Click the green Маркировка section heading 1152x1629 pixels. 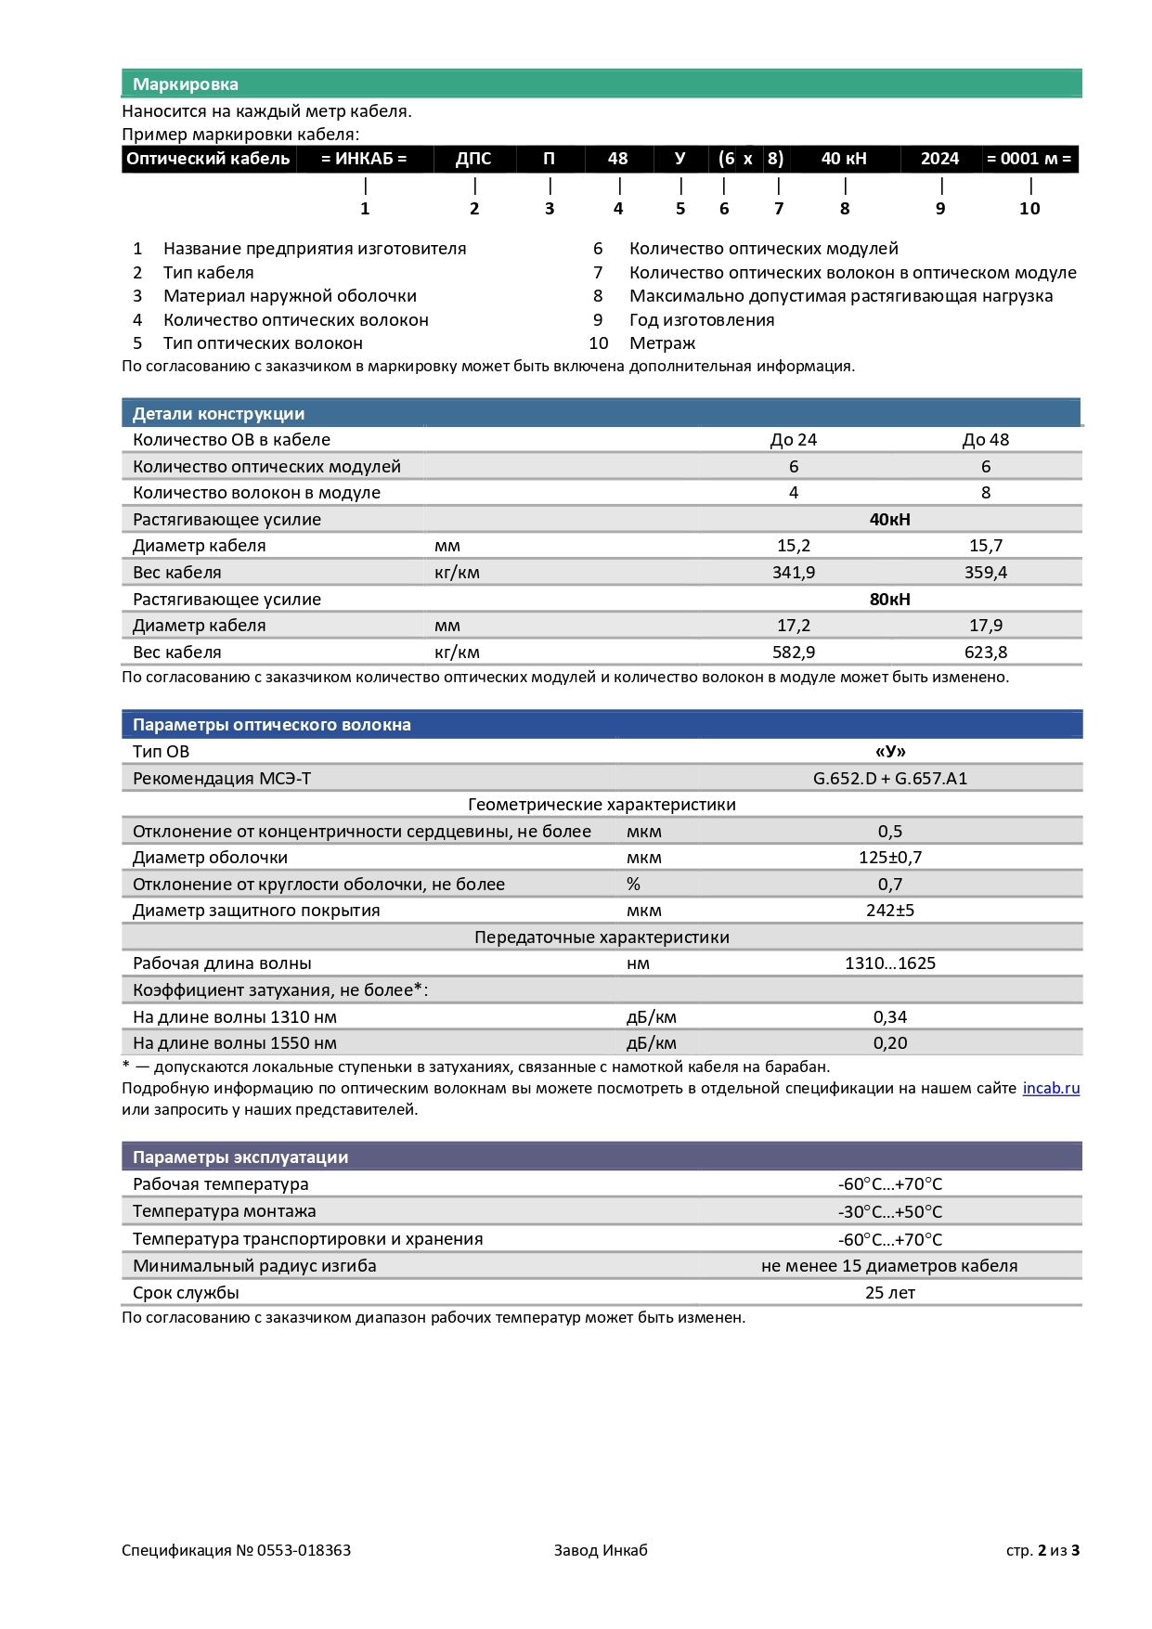186,84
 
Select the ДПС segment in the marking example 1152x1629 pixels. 473,159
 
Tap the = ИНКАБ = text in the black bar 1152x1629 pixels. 364,159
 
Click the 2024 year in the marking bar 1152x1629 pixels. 939,159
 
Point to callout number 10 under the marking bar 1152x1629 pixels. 1029,209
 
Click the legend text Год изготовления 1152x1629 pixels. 702,320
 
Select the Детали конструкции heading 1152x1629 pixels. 218,414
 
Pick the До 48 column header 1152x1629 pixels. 985,440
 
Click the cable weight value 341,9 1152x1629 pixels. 794,573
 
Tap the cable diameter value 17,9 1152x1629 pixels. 985,626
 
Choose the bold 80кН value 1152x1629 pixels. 889,600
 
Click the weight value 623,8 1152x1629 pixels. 985,653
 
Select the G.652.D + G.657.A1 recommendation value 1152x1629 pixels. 889,779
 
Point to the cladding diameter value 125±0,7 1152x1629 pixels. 889,858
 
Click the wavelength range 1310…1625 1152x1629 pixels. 889,963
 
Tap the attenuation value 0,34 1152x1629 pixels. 889,1017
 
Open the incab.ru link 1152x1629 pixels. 1051,1089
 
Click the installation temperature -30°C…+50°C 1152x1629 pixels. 889,1212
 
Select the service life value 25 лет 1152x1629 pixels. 889,1293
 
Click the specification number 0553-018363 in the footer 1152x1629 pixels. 304,1550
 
